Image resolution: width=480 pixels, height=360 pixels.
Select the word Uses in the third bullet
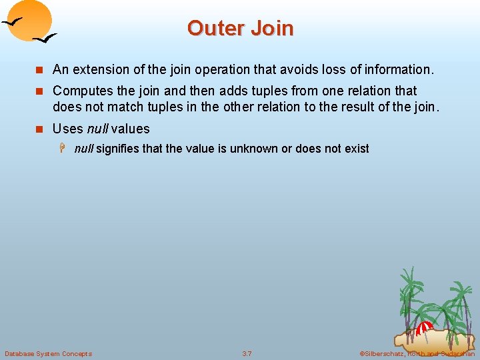[68, 129]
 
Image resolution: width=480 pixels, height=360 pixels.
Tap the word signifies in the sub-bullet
[117, 149]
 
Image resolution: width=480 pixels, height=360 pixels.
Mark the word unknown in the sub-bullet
[254, 149]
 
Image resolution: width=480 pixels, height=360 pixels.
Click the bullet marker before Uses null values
[40, 129]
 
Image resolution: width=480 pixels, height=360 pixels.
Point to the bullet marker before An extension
[40, 70]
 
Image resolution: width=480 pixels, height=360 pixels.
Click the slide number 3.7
[247, 353]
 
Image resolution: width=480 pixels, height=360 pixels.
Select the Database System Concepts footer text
[48, 353]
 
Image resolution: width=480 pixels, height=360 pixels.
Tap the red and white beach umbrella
[424, 328]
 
